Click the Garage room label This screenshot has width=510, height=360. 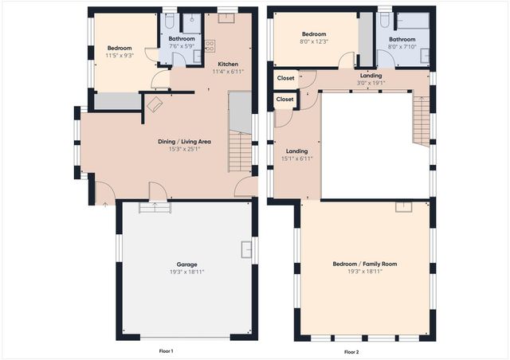pyautogui.click(x=186, y=264)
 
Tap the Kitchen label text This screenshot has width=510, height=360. pyautogui.click(x=227, y=65)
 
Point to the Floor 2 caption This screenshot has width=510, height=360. pyautogui.click(x=351, y=351)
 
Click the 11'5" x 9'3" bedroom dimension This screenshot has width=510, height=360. pyautogui.click(x=120, y=56)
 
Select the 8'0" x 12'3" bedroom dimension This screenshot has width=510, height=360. pyautogui.click(x=313, y=41)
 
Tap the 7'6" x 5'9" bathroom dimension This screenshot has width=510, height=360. pyautogui.click(x=181, y=46)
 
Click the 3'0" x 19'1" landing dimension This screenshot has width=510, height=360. pyautogui.click(x=371, y=82)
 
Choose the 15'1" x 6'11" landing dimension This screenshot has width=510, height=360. pyautogui.click(x=296, y=158)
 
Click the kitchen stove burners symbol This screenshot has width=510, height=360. pyautogui.click(x=210, y=44)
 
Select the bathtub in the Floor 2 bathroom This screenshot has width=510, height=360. pyautogui.click(x=413, y=21)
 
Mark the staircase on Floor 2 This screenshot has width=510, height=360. pyautogui.click(x=421, y=121)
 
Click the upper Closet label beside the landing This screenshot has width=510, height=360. pyautogui.click(x=284, y=78)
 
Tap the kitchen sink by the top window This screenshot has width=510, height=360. pyautogui.click(x=226, y=17)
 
